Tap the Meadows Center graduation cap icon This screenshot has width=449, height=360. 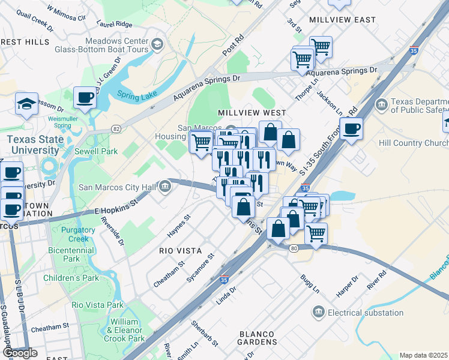click(157, 43)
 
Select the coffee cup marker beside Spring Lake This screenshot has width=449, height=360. click(85, 97)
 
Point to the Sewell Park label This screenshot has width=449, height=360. click(96, 151)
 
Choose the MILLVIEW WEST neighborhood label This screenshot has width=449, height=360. click(252, 113)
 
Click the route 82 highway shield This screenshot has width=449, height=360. click(116, 130)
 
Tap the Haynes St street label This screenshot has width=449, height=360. click(178, 226)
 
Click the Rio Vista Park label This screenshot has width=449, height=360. click(97, 305)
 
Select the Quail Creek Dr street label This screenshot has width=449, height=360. click(36, 22)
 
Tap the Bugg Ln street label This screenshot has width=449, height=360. click(310, 281)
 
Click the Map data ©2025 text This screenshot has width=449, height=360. click(423, 355)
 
